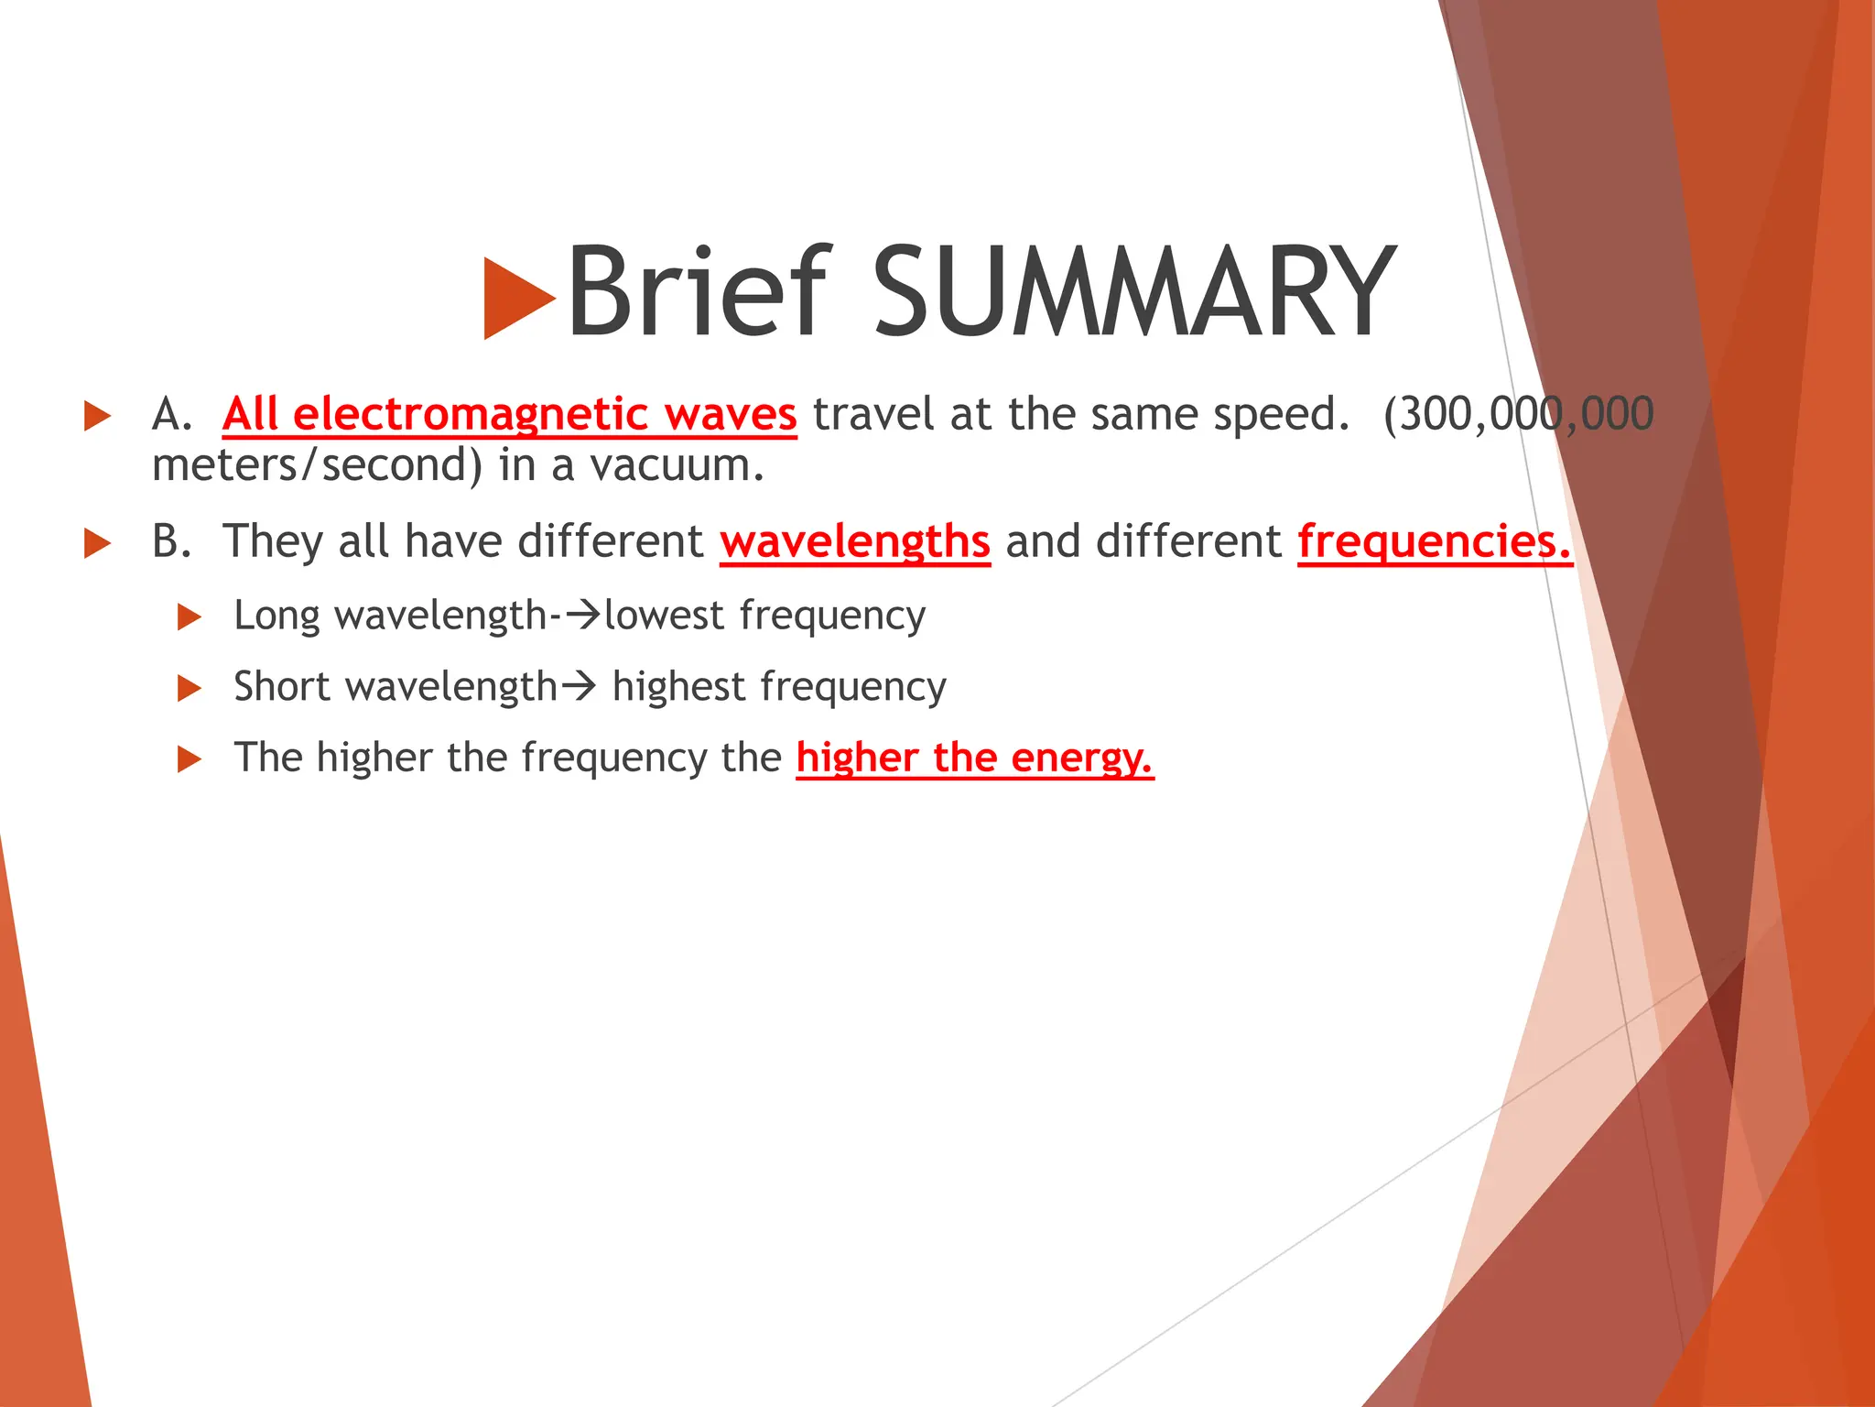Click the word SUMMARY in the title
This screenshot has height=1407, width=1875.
(x=1133, y=291)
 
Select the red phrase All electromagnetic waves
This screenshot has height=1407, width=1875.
(x=509, y=414)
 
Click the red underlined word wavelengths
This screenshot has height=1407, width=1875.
(x=855, y=541)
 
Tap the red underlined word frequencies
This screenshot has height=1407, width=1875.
(x=1434, y=541)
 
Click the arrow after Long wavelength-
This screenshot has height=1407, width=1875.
(x=583, y=614)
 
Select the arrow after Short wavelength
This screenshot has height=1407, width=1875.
(x=579, y=685)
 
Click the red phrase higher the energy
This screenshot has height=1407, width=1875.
(x=974, y=758)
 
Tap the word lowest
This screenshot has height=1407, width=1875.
(x=664, y=615)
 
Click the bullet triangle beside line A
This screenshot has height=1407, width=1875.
(x=97, y=416)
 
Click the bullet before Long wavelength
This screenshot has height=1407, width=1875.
(x=189, y=616)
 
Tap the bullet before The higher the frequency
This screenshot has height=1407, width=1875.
(x=189, y=758)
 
